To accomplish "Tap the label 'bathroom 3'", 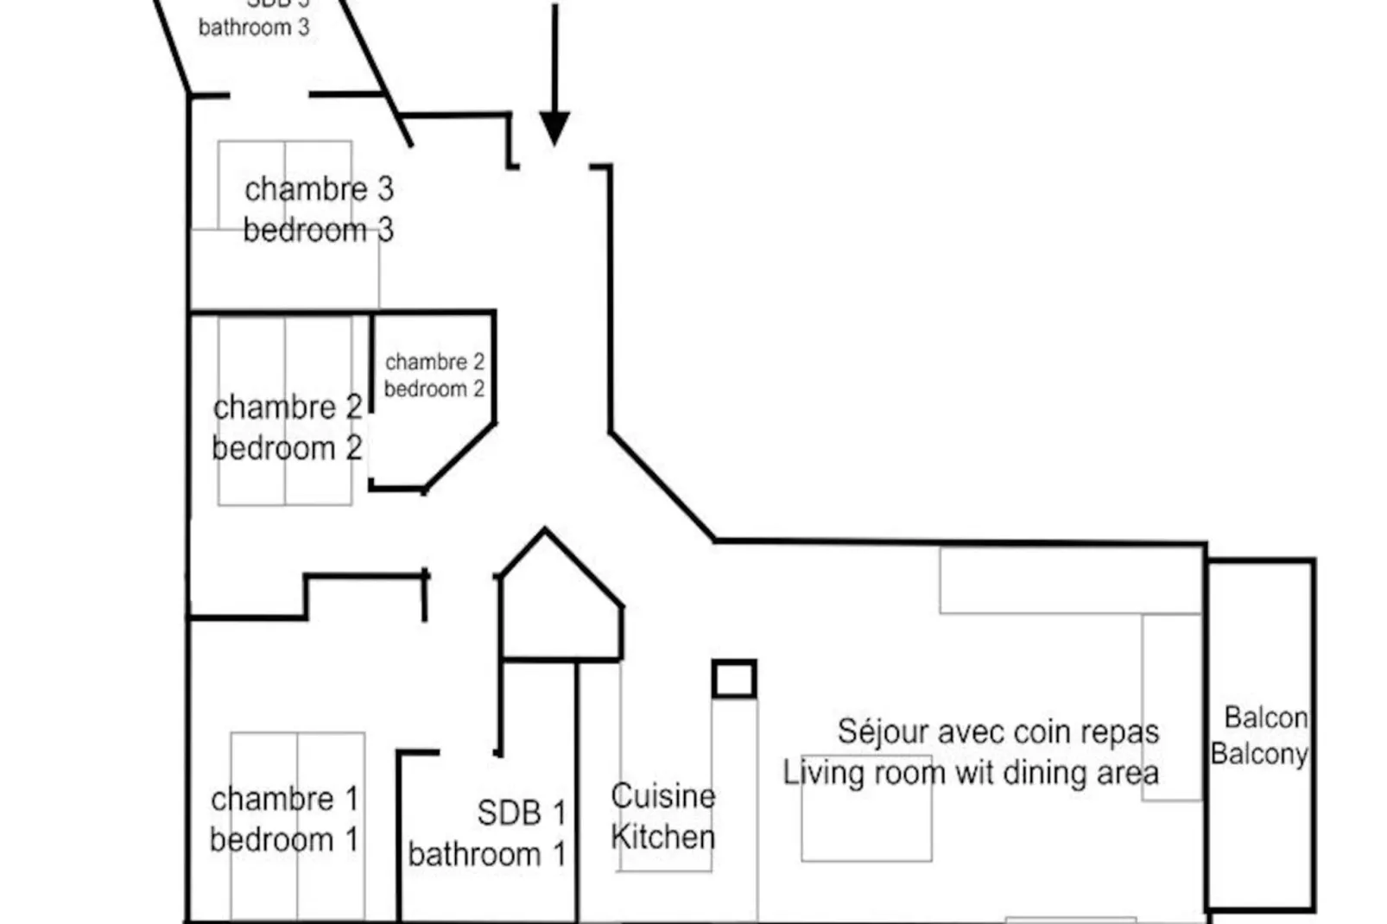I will (254, 28).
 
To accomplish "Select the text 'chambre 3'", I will (319, 189).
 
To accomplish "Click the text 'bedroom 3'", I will (318, 231).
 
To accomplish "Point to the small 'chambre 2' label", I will (434, 362).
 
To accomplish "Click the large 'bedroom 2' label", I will (287, 449).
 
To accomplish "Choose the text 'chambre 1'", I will (284, 800).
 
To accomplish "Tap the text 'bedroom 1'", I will (283, 840).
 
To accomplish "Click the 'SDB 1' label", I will (522, 813).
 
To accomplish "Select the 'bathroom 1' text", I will (487, 855).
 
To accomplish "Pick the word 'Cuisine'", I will (662, 796).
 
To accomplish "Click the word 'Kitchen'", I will (662, 837).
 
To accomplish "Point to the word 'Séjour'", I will (883, 732).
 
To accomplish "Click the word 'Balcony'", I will (1259, 755).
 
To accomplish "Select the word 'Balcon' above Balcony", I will (1265, 718).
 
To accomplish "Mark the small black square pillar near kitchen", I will (734, 679).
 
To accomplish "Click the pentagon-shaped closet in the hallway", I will (560, 604).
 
